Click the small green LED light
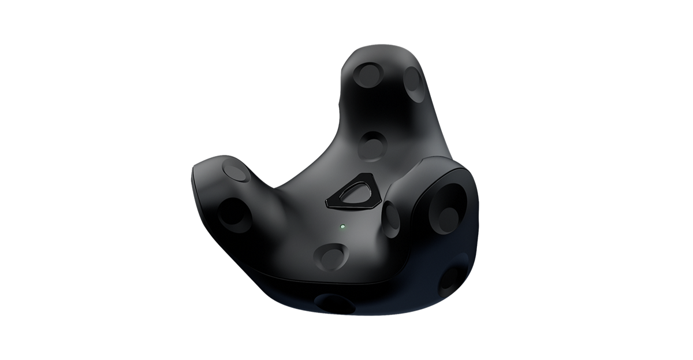click(342, 227)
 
